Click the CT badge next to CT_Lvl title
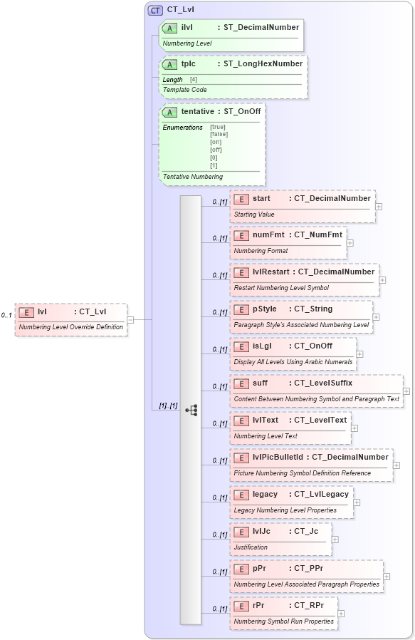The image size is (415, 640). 154,10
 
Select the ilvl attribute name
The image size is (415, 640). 188,27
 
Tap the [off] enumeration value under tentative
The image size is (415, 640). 216,150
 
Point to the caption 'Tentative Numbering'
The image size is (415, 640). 193,176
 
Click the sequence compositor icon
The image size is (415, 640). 191,410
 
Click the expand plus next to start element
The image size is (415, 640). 379,207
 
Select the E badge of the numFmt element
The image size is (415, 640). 241,235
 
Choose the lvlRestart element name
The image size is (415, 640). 271,272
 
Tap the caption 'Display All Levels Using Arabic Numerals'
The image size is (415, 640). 293,362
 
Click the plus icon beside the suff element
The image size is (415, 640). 406,391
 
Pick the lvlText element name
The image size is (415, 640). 266,420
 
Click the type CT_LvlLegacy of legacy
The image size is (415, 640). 319,494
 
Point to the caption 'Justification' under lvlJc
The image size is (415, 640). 251,547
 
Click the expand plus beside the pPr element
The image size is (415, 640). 387,577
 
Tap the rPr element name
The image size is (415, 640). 260,605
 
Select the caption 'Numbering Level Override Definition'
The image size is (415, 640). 71,327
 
